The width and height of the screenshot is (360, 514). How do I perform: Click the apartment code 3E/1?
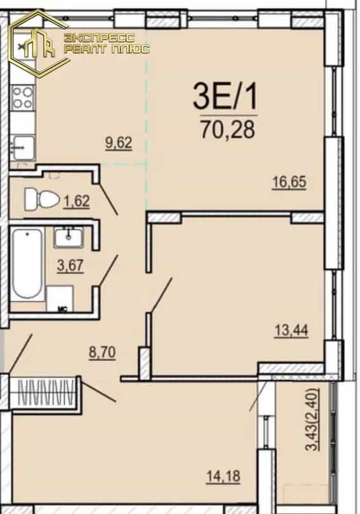(225, 96)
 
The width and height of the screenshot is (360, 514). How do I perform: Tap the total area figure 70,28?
(228, 129)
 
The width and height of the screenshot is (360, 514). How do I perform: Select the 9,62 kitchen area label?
(119, 143)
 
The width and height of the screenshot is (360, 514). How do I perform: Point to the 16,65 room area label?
(289, 182)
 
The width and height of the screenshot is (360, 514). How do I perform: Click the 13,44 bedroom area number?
(291, 330)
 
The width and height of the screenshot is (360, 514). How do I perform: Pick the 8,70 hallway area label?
(102, 353)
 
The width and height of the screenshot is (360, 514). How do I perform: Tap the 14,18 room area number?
(223, 476)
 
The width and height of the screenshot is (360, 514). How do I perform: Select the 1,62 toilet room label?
(77, 201)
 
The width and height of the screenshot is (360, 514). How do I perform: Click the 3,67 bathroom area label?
(70, 265)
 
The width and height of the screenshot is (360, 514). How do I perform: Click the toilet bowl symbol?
(42, 199)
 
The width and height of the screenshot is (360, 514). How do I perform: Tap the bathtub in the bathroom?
(27, 263)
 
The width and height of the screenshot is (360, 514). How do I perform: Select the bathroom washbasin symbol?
(69, 237)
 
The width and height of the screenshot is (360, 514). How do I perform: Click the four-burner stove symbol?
(23, 98)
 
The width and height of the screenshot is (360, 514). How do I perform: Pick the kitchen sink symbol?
(23, 148)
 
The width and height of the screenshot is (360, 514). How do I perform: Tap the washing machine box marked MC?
(60, 299)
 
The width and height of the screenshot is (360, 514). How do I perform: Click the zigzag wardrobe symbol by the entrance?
(45, 392)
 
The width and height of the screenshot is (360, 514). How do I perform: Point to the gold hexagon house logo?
(39, 44)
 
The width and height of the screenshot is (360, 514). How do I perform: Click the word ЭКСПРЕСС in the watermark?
(100, 37)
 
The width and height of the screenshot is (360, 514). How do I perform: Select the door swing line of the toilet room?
(109, 200)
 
